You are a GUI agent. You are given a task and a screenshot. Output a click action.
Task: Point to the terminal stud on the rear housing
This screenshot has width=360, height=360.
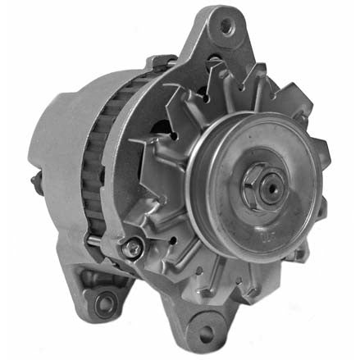(38, 178)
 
